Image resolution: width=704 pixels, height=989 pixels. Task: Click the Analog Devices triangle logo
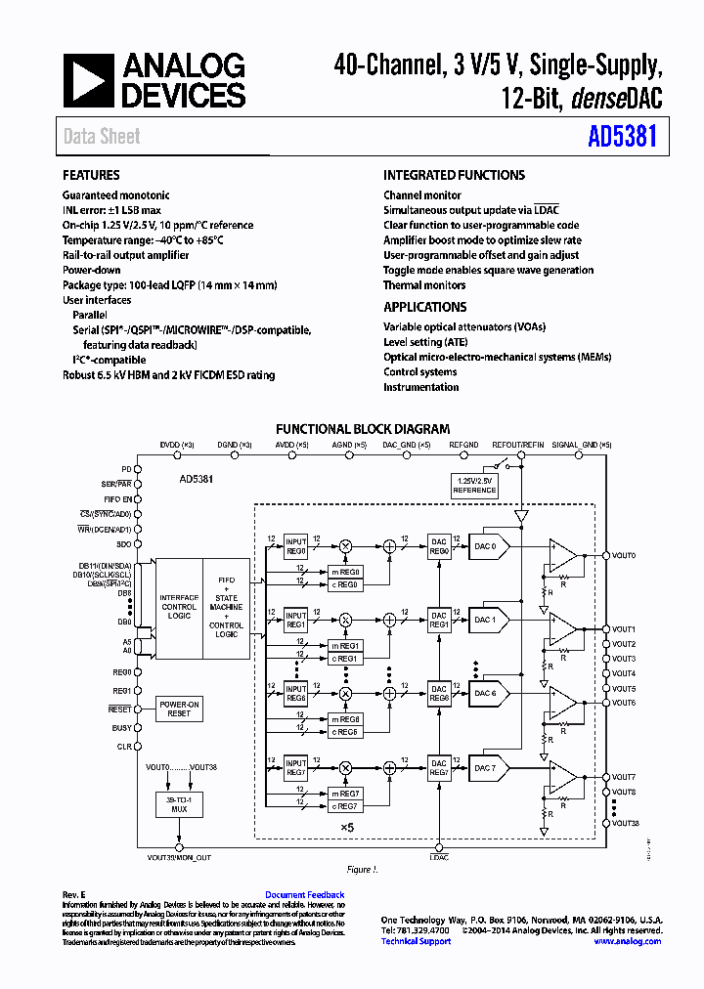click(x=89, y=80)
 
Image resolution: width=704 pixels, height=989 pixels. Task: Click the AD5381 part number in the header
click(x=622, y=137)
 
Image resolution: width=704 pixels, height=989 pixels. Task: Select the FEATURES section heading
click(x=91, y=176)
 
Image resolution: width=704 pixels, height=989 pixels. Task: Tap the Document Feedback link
click(x=304, y=894)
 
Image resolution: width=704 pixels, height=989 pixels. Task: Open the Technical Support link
click(x=416, y=941)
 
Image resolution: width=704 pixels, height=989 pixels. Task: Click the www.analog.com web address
click(x=627, y=941)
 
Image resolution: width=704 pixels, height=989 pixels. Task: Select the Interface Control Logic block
click(x=179, y=606)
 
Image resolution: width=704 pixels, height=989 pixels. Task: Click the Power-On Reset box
click(x=179, y=709)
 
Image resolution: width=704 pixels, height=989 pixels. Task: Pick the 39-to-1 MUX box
click(x=179, y=804)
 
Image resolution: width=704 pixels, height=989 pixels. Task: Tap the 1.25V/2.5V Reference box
click(x=474, y=485)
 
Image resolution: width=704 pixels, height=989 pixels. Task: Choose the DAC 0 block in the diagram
click(x=486, y=546)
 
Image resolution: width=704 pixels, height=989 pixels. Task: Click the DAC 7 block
click(x=486, y=768)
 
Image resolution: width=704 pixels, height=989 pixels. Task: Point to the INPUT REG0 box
click(x=295, y=546)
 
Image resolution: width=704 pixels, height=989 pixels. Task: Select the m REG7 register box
click(x=345, y=793)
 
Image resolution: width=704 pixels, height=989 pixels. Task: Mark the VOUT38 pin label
click(x=625, y=823)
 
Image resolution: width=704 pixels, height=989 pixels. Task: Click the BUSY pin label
click(x=122, y=728)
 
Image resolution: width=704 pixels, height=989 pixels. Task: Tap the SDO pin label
click(x=123, y=544)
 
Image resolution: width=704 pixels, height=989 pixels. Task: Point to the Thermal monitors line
click(x=424, y=285)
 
